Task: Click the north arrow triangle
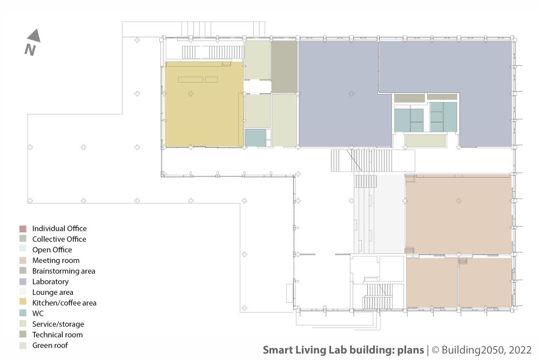35,36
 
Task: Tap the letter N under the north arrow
30,50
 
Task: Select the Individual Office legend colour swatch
23,229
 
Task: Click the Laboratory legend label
50,282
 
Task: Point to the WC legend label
38,313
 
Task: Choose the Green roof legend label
50,345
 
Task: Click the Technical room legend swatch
23,334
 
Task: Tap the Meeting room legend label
56,261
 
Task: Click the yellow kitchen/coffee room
204,104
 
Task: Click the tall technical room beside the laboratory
284,67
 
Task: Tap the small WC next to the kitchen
255,138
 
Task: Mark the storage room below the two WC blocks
426,140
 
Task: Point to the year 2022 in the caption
520,350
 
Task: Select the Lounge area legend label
53,292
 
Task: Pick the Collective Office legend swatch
23,239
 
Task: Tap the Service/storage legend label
58,324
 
